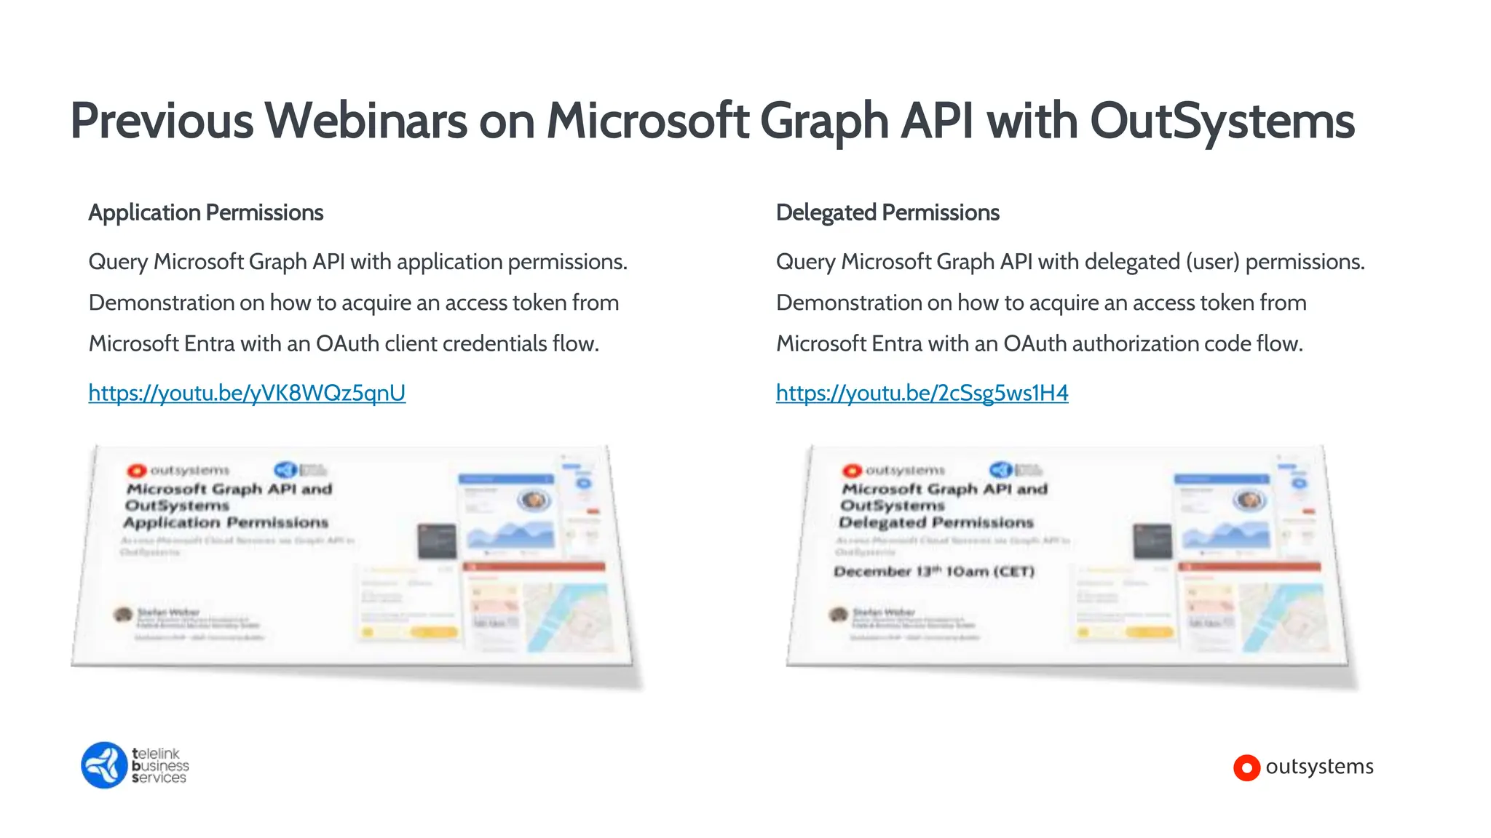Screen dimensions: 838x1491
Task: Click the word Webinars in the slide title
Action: coord(365,121)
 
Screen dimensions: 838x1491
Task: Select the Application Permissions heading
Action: coord(205,212)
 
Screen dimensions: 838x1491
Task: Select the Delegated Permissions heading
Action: coord(887,212)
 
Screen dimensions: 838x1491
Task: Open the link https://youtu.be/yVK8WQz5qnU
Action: coord(247,393)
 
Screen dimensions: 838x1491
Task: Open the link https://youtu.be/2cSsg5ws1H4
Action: coord(922,393)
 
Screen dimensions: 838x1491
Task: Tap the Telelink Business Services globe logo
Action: coord(104,765)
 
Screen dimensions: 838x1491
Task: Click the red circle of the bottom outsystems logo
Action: coord(1246,767)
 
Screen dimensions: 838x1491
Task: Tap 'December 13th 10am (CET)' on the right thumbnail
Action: coord(934,571)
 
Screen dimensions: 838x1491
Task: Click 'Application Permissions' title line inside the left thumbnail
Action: coord(226,522)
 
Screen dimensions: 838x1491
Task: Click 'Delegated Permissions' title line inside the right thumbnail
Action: coord(936,522)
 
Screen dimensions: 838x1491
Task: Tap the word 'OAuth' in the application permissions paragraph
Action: coord(347,343)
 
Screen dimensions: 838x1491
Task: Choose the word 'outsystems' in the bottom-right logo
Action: coord(1319,767)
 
